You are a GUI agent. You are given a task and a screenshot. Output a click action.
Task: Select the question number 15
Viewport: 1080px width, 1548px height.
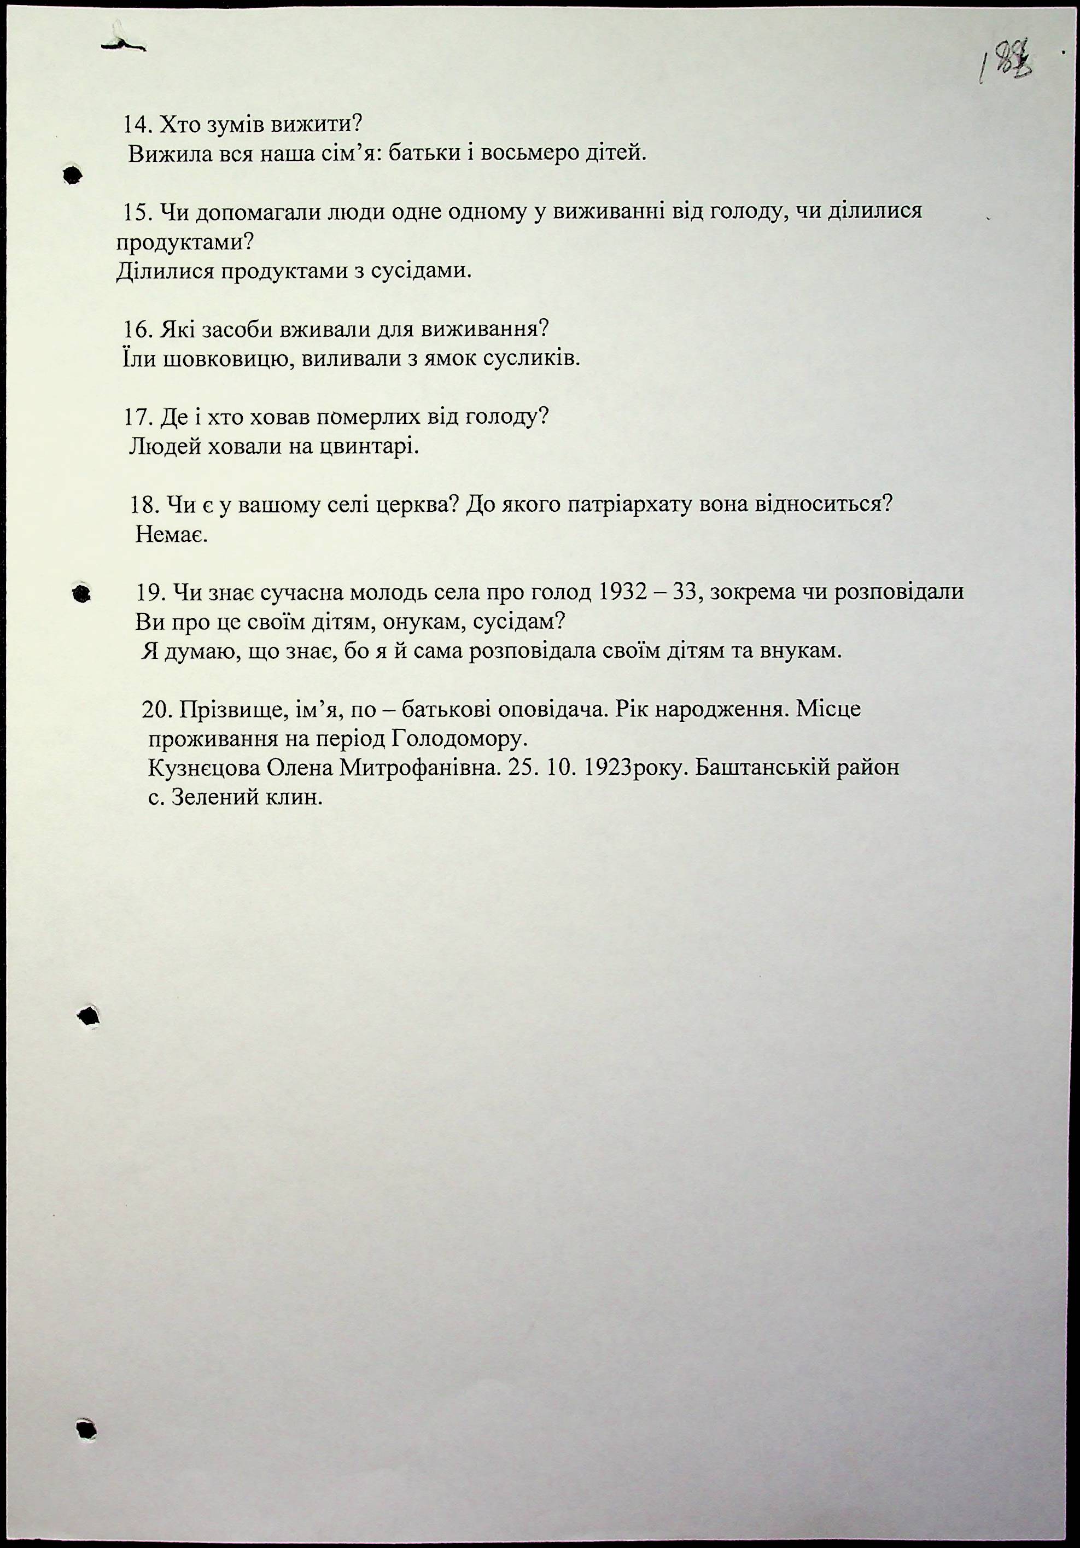tap(137, 212)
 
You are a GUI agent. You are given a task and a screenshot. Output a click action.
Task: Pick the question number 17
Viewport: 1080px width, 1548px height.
tap(138, 417)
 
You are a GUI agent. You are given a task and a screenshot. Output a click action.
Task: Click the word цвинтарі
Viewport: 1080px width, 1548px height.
tap(366, 446)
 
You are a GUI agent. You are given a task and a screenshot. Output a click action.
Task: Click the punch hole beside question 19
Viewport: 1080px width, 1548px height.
tap(81, 594)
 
